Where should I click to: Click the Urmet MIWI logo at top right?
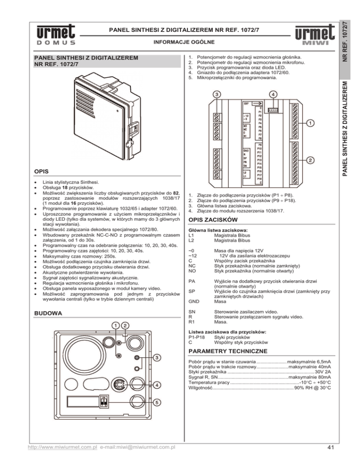click(x=315, y=38)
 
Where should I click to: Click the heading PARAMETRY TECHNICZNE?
click(x=227, y=351)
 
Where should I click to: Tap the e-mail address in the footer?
click(x=138, y=447)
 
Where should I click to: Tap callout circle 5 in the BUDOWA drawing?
click(x=159, y=402)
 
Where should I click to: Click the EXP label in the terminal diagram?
click(x=247, y=103)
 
